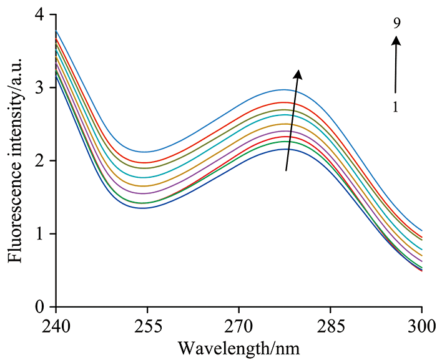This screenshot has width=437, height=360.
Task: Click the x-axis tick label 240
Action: click(56, 326)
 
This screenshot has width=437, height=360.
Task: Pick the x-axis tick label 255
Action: click(147, 326)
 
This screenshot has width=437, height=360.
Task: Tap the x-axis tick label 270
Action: click(238, 326)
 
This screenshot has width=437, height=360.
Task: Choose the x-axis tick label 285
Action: click(330, 326)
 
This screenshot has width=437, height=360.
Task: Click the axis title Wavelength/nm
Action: click(238, 346)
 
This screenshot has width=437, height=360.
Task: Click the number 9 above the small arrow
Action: click(396, 23)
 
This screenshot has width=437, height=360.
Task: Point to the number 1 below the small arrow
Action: click(396, 107)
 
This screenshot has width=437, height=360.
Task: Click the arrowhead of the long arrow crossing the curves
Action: click(298, 74)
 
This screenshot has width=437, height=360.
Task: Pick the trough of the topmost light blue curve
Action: click(145, 152)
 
